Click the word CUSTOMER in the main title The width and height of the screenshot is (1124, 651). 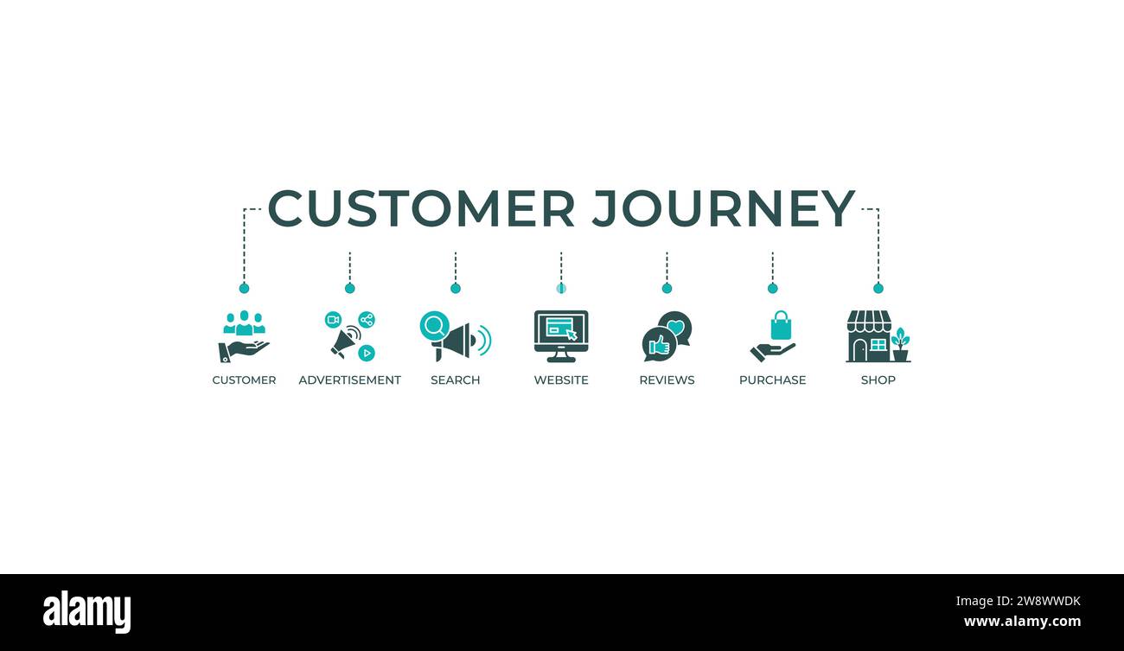421,209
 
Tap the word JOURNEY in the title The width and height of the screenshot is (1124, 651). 724,209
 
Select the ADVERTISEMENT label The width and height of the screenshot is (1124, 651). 349,380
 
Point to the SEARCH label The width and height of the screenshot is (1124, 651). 455,380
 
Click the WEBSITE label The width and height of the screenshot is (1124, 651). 561,380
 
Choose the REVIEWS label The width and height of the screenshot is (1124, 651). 667,380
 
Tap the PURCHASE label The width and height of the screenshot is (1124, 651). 772,380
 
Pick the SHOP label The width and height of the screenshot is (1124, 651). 878,380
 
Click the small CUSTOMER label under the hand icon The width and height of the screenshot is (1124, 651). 244,380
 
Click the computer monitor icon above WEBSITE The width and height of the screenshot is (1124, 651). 561,334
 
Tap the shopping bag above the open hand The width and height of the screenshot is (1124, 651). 781,326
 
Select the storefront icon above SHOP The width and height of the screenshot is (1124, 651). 868,336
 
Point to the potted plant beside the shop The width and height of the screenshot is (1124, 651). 900,345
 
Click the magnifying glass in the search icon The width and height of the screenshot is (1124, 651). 434,326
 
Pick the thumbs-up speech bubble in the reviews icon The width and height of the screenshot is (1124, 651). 658,345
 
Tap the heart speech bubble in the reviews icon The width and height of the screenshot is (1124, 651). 676,326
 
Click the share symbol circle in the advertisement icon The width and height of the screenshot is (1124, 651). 367,320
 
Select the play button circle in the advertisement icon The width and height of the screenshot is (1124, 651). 367,353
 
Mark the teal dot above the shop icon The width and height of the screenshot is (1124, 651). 878,288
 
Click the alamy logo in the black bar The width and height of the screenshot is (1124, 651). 87,612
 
